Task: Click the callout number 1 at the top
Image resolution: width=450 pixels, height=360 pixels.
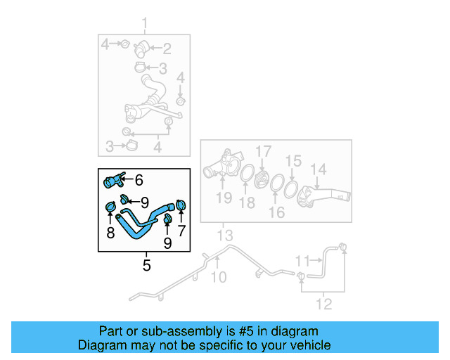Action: (x=146, y=27)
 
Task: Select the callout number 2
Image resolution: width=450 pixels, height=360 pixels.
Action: (x=167, y=49)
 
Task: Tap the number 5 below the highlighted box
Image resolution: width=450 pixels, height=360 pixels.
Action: (x=146, y=265)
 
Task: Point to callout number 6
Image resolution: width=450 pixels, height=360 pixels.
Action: (x=139, y=180)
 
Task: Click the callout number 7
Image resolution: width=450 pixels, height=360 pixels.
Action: (x=181, y=231)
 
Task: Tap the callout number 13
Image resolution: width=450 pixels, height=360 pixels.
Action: (x=224, y=234)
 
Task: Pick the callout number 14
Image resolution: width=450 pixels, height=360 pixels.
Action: (x=319, y=169)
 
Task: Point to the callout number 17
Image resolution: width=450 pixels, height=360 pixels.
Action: (x=262, y=151)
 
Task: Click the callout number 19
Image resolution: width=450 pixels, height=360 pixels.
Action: (x=224, y=198)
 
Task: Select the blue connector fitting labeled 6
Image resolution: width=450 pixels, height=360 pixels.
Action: (x=112, y=181)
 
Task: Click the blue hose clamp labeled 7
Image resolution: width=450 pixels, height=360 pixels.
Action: (x=181, y=205)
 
